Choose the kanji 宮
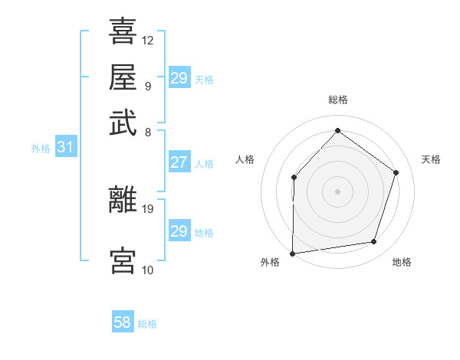tap(123, 260)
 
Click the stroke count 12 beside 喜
tap(148, 40)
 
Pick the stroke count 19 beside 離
tap(148, 208)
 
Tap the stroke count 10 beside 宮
tap(148, 270)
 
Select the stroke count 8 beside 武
tap(147, 132)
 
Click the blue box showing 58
tap(123, 322)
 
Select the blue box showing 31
tap(64, 148)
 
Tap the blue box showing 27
tap(179, 162)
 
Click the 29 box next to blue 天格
tap(179, 78)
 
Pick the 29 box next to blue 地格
tap(179, 231)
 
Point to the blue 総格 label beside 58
tap(147, 324)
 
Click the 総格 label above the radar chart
tap(337, 100)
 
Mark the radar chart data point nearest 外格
tap(292, 253)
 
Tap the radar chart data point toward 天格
tap(396, 172)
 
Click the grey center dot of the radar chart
tap(337, 191)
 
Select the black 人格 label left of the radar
tap(245, 159)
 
